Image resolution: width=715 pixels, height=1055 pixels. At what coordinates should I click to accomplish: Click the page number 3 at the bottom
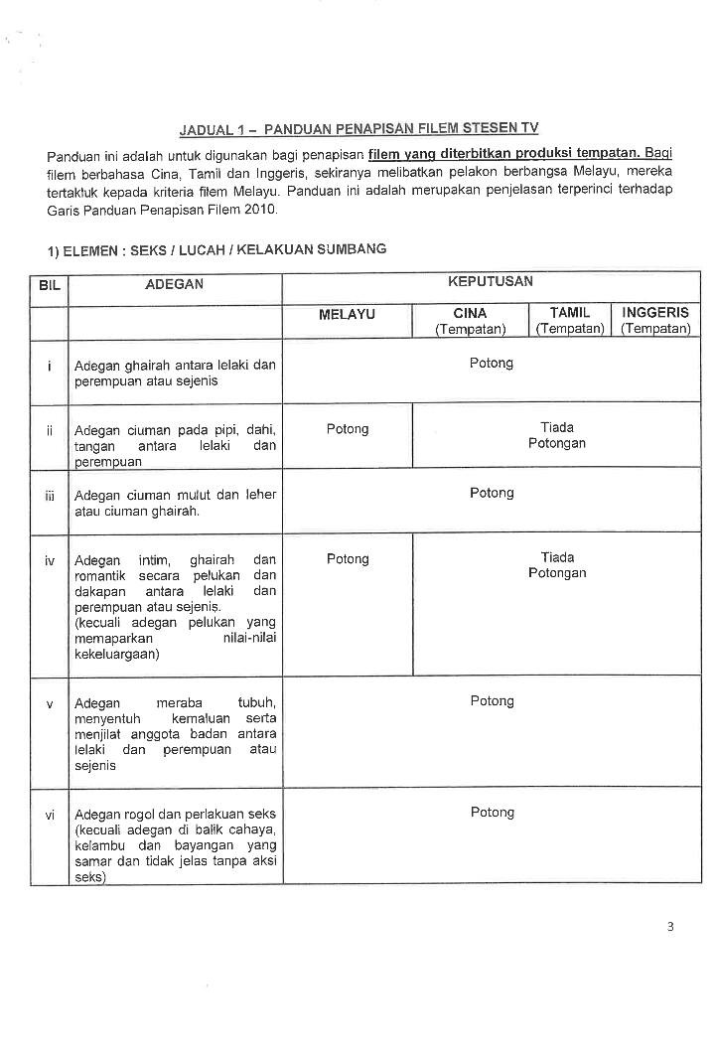coord(670,928)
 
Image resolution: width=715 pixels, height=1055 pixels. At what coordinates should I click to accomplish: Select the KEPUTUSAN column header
coord(491,282)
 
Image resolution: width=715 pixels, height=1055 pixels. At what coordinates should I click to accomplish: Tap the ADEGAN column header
coord(174,284)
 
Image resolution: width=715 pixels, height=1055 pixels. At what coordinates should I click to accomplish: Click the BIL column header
coord(49,285)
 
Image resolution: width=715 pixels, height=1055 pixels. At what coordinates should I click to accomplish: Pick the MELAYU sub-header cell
coord(347,314)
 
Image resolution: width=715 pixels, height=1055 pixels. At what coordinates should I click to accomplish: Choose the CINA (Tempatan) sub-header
coord(470,320)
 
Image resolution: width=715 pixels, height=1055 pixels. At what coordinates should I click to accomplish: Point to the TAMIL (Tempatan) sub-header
coord(570,320)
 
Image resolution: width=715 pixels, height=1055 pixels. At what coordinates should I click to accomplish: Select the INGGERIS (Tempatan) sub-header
coord(655,320)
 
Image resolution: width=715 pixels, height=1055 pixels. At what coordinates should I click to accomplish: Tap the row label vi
coord(49,816)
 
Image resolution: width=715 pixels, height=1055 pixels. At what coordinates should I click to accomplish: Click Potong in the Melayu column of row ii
coord(347,429)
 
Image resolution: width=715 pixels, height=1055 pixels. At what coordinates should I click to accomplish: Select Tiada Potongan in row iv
coord(557,565)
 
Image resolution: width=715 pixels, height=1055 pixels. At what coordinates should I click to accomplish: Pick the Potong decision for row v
coord(492,701)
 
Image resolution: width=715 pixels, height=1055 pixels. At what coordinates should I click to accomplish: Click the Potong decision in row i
coord(492,364)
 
